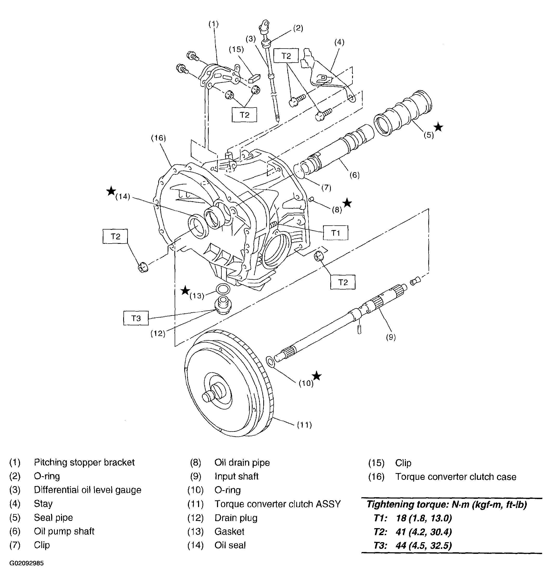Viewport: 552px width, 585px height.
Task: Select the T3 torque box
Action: (136, 318)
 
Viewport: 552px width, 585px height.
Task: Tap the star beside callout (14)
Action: (111, 191)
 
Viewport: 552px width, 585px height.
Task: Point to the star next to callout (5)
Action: (438, 127)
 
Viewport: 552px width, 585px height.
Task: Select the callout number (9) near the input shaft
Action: (391, 337)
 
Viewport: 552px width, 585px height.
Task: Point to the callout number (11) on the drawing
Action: (304, 425)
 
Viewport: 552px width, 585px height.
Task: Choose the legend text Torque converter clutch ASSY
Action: (278, 504)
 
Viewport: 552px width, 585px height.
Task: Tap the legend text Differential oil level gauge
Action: (88, 490)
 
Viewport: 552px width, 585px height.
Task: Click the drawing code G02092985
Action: (27, 563)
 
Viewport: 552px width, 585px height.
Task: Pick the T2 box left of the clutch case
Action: (115, 236)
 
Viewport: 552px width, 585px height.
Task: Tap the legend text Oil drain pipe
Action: (242, 463)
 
